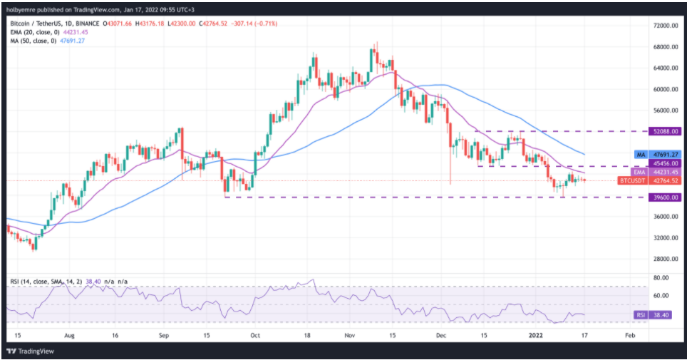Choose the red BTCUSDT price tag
[632, 181]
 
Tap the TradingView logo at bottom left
[33, 351]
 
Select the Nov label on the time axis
[348, 334]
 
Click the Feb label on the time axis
[629, 334]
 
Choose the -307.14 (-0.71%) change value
[257, 24]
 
